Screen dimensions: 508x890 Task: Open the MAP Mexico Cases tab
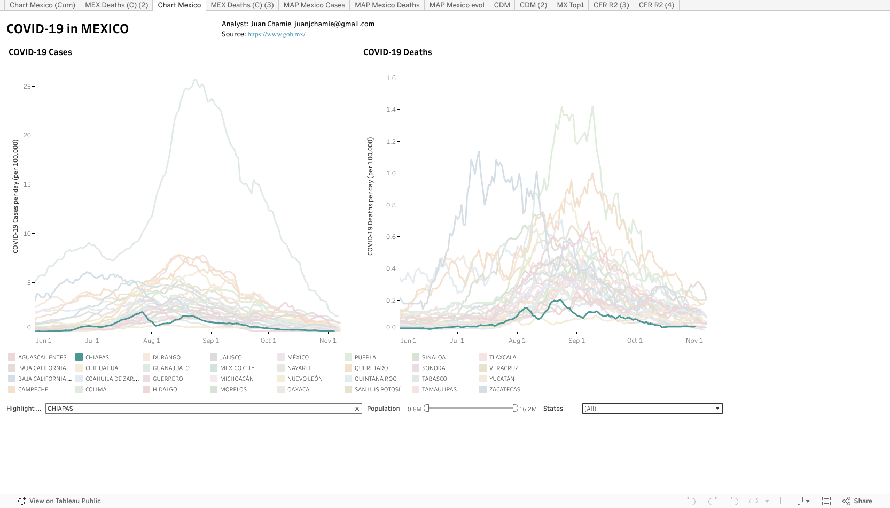coord(314,5)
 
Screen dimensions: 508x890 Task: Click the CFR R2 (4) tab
coord(656,5)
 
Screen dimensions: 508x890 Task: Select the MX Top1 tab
coord(570,5)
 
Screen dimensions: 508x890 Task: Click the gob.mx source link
coord(276,34)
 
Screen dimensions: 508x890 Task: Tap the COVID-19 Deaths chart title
coord(397,52)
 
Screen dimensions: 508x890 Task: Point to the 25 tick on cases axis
coord(27,86)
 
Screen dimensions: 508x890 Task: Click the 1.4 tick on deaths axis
coord(391,110)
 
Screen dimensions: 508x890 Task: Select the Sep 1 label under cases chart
coord(210,341)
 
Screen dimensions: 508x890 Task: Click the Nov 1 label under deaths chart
coord(694,341)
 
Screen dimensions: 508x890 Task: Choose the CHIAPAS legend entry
coord(97,357)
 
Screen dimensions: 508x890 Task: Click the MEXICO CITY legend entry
coord(237,368)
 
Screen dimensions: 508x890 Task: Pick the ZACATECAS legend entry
coord(504,389)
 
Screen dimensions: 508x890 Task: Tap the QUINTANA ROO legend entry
coord(376,379)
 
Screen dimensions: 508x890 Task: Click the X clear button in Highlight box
coord(357,409)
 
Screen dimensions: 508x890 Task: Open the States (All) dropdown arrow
coord(717,409)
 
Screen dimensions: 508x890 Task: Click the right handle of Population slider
coord(515,409)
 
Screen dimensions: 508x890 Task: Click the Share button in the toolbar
coord(857,501)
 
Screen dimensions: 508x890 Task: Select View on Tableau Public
coord(59,501)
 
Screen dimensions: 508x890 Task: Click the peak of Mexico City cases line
coord(196,80)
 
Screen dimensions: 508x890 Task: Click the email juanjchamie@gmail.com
coord(334,24)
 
